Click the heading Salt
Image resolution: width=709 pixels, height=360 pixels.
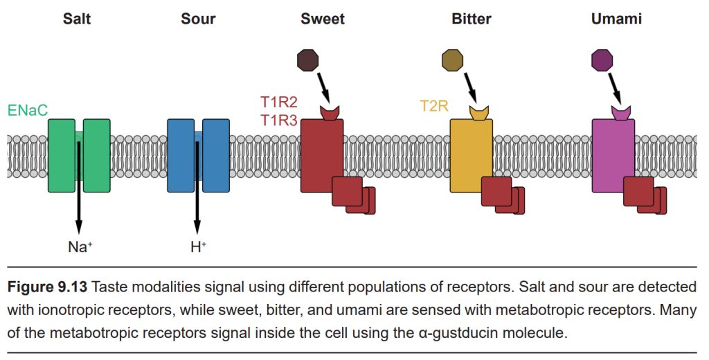pyautogui.click(x=77, y=19)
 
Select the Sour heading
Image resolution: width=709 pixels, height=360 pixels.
pyautogui.click(x=198, y=19)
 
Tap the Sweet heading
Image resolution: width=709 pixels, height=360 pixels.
pyautogui.click(x=323, y=19)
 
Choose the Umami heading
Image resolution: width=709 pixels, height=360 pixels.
pyautogui.click(x=616, y=19)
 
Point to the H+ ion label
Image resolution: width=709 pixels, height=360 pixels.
pyautogui.click(x=198, y=246)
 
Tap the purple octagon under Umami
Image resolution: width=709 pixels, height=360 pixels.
pyautogui.click(x=602, y=60)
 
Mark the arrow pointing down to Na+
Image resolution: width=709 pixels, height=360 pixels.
pyautogui.click(x=79, y=187)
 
